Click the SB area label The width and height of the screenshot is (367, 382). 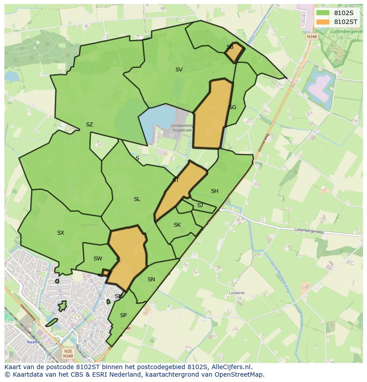tap(230, 47)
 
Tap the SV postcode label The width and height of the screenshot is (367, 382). tap(179, 70)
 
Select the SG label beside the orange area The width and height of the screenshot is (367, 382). tap(232, 107)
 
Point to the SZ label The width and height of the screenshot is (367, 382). tap(89, 125)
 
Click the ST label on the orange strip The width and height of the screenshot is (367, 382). tap(176, 180)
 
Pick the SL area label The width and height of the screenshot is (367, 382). tap(137, 199)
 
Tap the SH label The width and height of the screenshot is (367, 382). tap(215, 191)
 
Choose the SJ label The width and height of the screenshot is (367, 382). tap(200, 205)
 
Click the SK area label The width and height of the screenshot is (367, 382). tap(177, 225)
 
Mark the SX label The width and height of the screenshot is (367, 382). tap(61, 233)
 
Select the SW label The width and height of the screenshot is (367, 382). tap(98, 259)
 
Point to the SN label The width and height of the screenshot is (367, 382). tap(151, 280)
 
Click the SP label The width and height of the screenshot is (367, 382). tap(123, 315)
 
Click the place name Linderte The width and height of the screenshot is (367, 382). tap(237, 293)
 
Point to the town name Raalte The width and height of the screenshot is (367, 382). tap(33, 342)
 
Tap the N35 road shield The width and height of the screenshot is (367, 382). tap(68, 351)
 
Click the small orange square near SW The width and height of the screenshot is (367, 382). tap(106, 272)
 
